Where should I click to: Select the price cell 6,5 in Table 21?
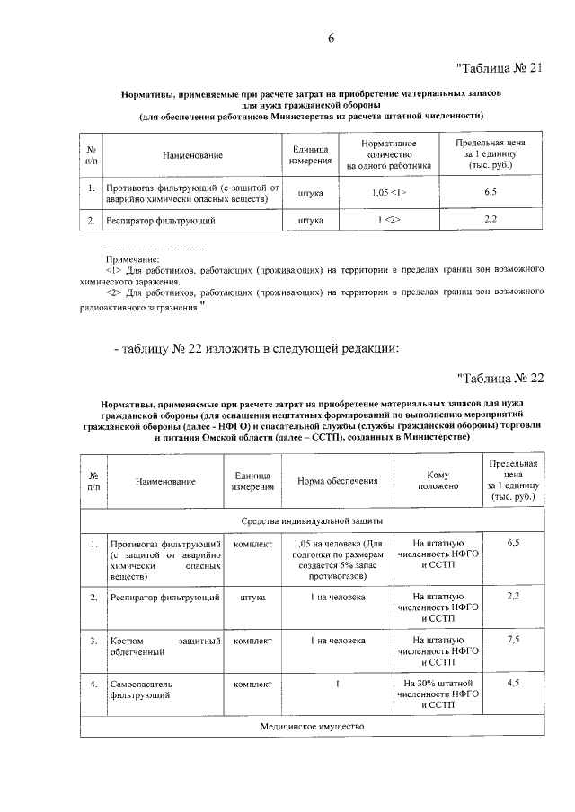pyautogui.click(x=491, y=192)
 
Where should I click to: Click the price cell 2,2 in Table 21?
pyautogui.click(x=491, y=219)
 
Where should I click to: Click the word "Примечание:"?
pyautogui.click(x=132, y=258)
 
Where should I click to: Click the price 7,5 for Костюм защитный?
pyautogui.click(x=514, y=639)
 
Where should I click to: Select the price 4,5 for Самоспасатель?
pyautogui.click(x=514, y=684)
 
